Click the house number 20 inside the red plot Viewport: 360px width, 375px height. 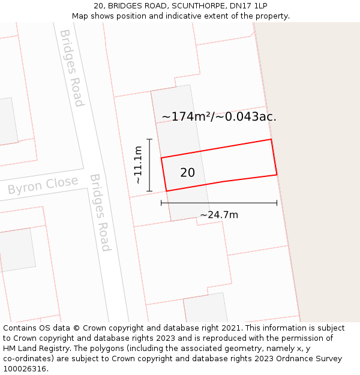click(187, 173)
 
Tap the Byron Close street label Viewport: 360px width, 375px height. click(43, 185)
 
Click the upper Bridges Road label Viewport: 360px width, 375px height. click(71, 68)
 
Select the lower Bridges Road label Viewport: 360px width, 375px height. click(100, 212)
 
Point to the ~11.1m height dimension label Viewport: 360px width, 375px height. click(138, 165)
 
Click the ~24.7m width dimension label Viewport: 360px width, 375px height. click(219, 215)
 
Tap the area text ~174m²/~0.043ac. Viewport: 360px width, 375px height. click(219, 117)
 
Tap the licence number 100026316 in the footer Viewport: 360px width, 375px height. click(25, 369)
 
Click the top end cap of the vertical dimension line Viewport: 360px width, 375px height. click(149, 139)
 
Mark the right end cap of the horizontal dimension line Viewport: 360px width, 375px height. click(277, 203)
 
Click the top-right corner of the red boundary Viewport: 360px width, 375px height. click(271, 139)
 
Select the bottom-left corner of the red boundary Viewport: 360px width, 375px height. click(166, 191)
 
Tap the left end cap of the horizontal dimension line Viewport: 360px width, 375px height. click(161, 203)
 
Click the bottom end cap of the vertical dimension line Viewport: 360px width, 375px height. click(149, 191)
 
